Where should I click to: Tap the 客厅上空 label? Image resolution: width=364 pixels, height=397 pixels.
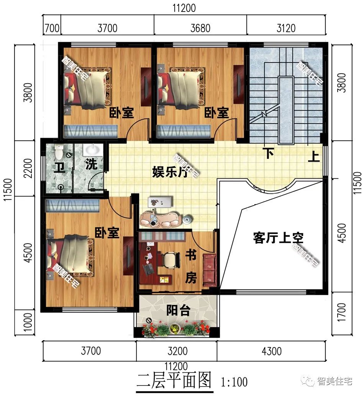tap(278, 238)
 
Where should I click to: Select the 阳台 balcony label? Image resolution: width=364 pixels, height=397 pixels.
tap(178, 310)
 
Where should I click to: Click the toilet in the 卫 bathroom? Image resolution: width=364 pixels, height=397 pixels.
tap(59, 152)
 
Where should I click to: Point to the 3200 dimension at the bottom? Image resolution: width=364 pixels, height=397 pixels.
tap(177, 351)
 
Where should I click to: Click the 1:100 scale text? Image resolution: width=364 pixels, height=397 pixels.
tap(234, 382)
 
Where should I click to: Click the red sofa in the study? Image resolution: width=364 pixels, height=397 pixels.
tap(210, 269)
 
